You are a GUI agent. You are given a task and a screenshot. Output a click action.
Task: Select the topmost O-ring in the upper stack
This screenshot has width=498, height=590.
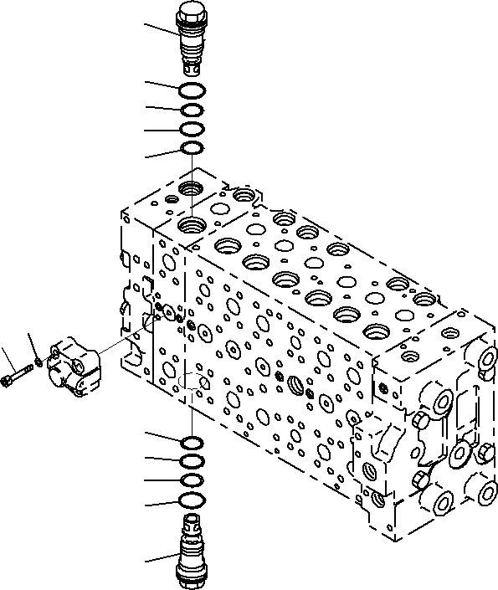click(192, 90)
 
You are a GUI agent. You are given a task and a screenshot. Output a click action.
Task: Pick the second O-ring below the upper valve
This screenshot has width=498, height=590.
click(192, 110)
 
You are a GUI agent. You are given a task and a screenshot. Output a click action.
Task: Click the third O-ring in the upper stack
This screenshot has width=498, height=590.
click(192, 130)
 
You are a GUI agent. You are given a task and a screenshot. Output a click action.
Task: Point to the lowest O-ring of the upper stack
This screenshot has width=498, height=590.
click(192, 149)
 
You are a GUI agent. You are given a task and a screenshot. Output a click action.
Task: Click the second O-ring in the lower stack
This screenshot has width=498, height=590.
click(192, 461)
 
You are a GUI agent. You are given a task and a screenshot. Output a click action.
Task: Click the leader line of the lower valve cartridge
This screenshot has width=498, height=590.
click(159, 558)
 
